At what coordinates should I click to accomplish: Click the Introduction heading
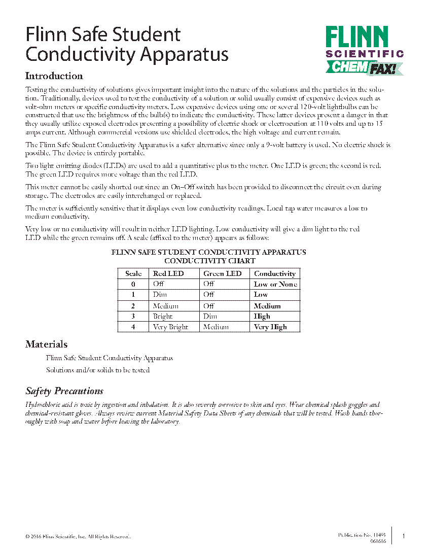(54, 76)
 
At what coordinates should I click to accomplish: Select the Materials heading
(46, 344)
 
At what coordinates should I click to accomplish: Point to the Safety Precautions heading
(64, 391)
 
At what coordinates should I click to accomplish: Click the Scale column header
(133, 273)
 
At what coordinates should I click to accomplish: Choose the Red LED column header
(168, 273)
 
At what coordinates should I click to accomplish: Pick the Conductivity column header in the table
(275, 273)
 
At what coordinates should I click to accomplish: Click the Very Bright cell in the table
(170, 327)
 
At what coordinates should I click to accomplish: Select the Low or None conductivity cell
(275, 284)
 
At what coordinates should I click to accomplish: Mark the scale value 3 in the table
(133, 316)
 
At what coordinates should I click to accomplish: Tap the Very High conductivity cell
(270, 327)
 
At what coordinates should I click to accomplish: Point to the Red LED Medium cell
(166, 306)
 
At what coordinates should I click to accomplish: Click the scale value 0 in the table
(133, 284)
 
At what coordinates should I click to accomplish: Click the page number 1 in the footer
(404, 536)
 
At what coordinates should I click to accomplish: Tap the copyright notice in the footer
(78, 537)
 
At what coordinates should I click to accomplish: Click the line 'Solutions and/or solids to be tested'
(98, 370)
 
